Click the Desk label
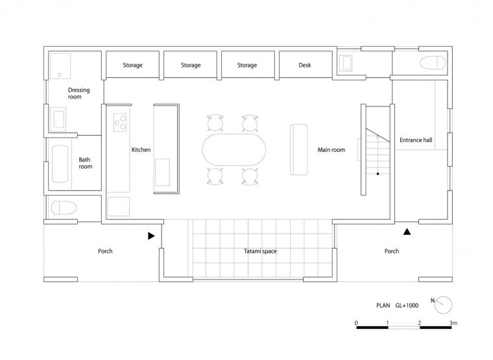(x=305, y=65)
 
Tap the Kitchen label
(x=141, y=150)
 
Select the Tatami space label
(x=260, y=251)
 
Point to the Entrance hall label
(x=416, y=140)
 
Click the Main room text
(x=331, y=150)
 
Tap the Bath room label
(x=85, y=163)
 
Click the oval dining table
(x=234, y=150)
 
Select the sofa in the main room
(x=298, y=149)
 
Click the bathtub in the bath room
(x=60, y=164)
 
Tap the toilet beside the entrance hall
(x=433, y=63)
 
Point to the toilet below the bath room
(x=64, y=208)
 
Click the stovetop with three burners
(x=120, y=123)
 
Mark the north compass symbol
(x=443, y=305)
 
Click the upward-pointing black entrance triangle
(x=407, y=232)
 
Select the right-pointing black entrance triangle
(x=151, y=236)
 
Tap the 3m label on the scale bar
(x=453, y=323)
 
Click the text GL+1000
(x=407, y=306)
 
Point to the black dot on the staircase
(x=378, y=174)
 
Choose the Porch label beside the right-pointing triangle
(x=105, y=251)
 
